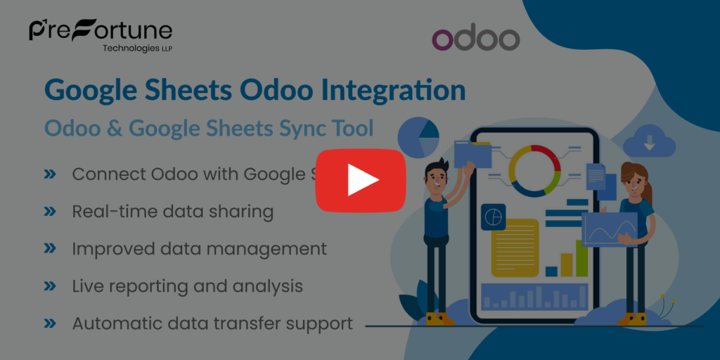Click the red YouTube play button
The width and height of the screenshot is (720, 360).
[x=360, y=180]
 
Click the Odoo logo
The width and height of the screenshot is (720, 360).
[x=475, y=39]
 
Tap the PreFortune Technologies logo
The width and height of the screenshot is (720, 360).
[x=101, y=34]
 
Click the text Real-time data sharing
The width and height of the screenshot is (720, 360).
[x=172, y=211]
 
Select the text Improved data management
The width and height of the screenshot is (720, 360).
[x=199, y=248]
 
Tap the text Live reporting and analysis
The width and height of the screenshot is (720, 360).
[x=187, y=286]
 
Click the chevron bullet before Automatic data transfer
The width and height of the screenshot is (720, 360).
[x=50, y=323]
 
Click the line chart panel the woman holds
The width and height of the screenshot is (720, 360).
[x=609, y=229]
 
